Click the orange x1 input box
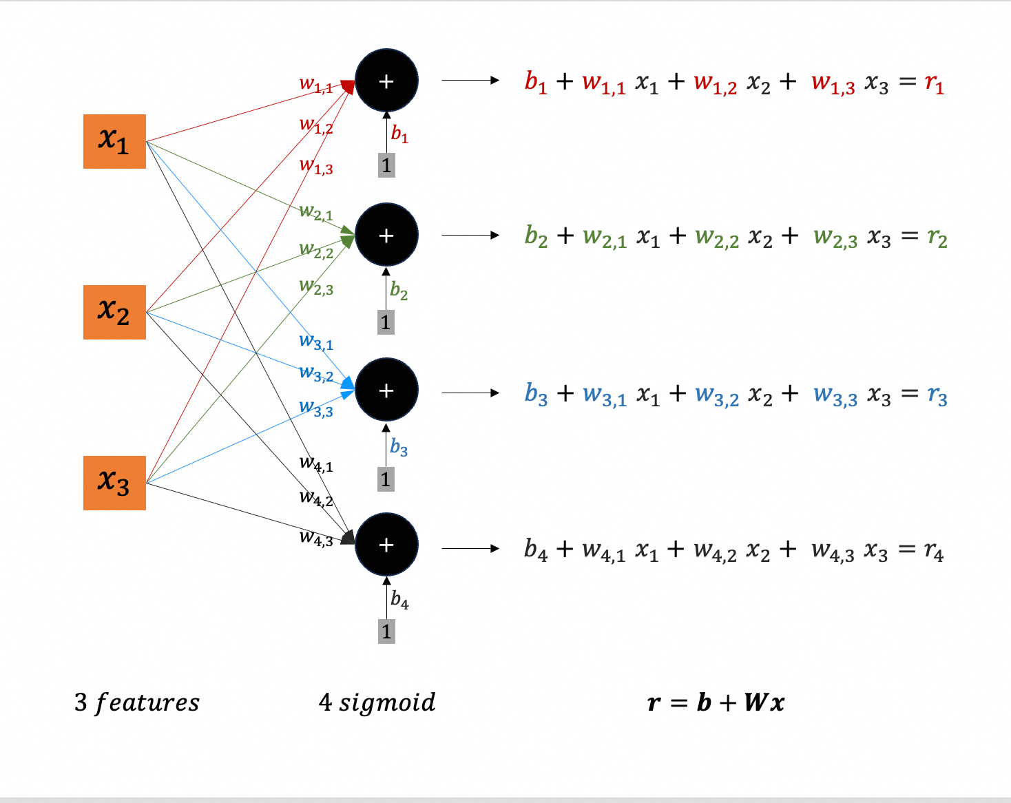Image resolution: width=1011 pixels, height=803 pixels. point(114,141)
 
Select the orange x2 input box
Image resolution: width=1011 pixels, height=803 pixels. point(114,312)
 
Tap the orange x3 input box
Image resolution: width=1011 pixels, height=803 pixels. point(114,483)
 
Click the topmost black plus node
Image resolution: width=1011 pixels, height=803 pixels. point(386,81)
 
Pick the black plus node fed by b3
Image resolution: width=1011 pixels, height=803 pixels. point(386,390)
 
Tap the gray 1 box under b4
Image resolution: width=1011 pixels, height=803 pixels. point(386,631)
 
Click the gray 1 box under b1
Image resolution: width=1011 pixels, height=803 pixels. point(386,165)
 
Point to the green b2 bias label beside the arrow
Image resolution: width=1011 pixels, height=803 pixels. point(399,290)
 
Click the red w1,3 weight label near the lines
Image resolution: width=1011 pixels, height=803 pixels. point(316,166)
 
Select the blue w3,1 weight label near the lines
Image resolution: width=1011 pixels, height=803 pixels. point(316,342)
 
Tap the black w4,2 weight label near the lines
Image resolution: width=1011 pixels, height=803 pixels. point(316,497)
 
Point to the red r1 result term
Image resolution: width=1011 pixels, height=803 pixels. point(934,83)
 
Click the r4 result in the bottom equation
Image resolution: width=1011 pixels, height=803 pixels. point(934,550)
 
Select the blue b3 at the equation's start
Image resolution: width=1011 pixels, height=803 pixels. point(536,394)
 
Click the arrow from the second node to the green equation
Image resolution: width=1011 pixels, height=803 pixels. point(470,236)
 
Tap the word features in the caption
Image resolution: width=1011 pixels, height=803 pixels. point(147,703)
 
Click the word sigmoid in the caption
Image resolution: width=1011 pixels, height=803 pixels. point(387,703)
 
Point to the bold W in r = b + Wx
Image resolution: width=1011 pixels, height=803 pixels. point(755,702)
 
